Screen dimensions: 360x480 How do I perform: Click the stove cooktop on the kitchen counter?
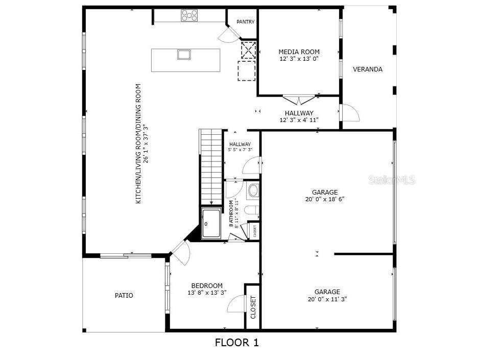tap(189, 16)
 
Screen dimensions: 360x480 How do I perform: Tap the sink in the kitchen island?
tap(184, 54)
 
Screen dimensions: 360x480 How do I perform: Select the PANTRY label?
tap(245, 22)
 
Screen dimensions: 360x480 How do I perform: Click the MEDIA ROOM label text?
tap(299, 52)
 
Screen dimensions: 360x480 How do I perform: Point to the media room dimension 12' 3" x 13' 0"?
tap(299, 59)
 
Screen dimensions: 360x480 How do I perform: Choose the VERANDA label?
tap(368, 69)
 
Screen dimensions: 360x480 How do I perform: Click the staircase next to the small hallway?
tap(211, 166)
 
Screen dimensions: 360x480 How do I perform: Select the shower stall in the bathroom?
tap(211, 224)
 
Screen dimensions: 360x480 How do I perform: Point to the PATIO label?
tap(124, 295)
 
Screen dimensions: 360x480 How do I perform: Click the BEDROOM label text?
tap(207, 285)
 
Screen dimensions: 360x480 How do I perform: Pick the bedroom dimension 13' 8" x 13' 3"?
tap(207, 293)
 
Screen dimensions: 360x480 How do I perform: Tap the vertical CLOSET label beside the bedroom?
tap(253, 307)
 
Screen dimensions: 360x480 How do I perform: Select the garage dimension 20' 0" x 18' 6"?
tap(325, 200)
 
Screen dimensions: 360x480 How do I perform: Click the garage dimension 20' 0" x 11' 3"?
tap(327, 299)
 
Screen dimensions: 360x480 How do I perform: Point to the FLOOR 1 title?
tap(236, 343)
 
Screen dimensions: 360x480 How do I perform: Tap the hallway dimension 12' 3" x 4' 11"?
tap(299, 120)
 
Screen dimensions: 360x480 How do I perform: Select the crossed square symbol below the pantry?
tap(248, 50)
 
